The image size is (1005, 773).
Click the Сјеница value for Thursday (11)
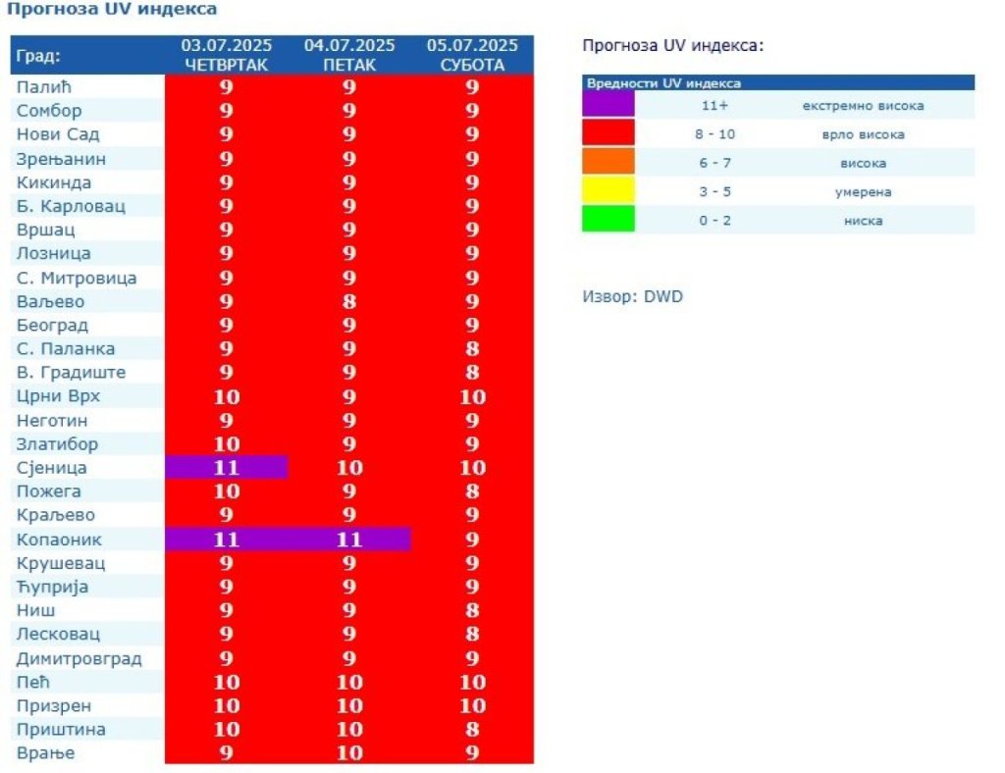(226, 468)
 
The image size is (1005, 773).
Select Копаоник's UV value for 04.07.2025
(349, 540)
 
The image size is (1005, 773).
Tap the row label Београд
(52, 325)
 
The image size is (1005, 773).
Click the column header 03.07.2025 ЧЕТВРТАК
(226, 55)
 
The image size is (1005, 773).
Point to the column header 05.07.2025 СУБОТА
(472, 55)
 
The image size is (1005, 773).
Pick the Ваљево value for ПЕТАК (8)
(349, 301)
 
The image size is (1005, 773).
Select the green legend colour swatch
(608, 220)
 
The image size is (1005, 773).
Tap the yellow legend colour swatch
(608, 191)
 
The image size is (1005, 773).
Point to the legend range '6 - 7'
(715, 163)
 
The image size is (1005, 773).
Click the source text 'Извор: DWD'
(632, 296)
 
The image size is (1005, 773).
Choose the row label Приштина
(61, 729)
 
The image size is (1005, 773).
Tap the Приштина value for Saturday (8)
(472, 729)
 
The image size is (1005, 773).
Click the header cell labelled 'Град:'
(39, 55)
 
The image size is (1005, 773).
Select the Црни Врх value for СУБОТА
(472, 396)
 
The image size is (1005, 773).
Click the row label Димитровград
(79, 658)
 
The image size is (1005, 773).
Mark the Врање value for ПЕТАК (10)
(349, 753)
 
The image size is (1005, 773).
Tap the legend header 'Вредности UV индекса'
(663, 83)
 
